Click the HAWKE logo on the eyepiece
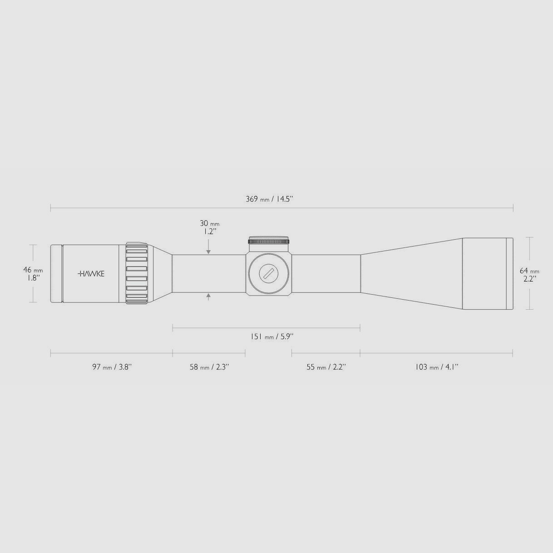coord(91,274)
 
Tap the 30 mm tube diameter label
coord(209,223)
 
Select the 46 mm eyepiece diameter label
coord(33,270)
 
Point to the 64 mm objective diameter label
coord(529,271)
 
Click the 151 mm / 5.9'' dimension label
coord(272,336)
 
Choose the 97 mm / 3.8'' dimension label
coord(112,367)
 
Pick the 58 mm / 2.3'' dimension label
coord(209,367)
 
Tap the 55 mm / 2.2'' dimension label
coord(326,367)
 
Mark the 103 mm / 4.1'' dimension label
coord(436,367)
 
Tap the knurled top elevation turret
coord(268,241)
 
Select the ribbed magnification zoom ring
coord(137,273)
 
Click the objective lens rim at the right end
coord(510,274)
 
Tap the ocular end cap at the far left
coord(56,274)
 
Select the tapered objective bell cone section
coord(411,274)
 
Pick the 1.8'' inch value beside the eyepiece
coord(32,277)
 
